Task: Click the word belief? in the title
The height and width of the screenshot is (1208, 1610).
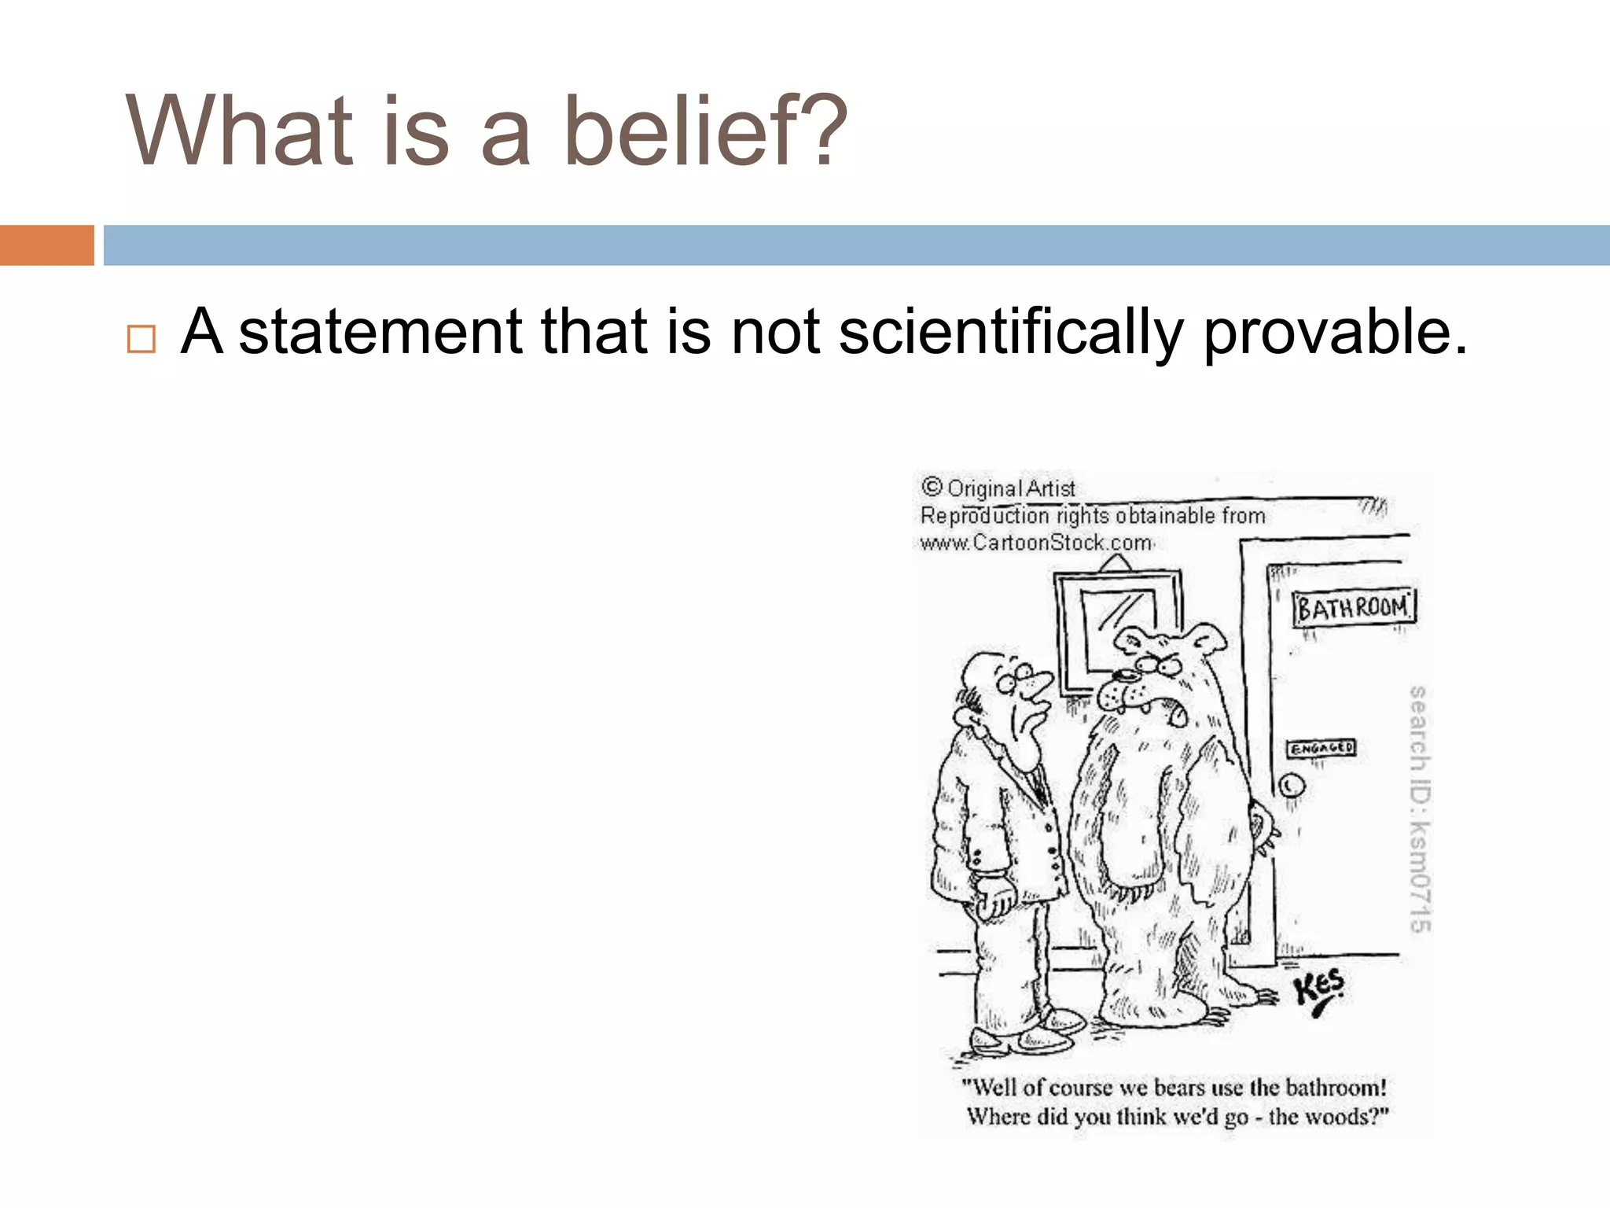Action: pyautogui.click(x=705, y=131)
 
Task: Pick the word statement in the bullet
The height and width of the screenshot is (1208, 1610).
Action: pyautogui.click(x=380, y=332)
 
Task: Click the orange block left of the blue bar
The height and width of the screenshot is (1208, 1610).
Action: pyautogui.click(x=46, y=245)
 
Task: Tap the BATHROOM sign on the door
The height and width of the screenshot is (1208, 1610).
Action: pyautogui.click(x=1353, y=608)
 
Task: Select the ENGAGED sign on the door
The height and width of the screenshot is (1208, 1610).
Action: pyautogui.click(x=1321, y=748)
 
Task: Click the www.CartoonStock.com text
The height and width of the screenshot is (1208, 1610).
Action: pyautogui.click(x=1035, y=543)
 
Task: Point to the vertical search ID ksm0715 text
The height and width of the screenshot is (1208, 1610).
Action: pyautogui.click(x=1418, y=808)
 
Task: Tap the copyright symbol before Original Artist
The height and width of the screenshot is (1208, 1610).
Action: pyautogui.click(x=932, y=487)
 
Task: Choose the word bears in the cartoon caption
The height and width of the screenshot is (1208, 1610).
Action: pyautogui.click(x=1178, y=1088)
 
